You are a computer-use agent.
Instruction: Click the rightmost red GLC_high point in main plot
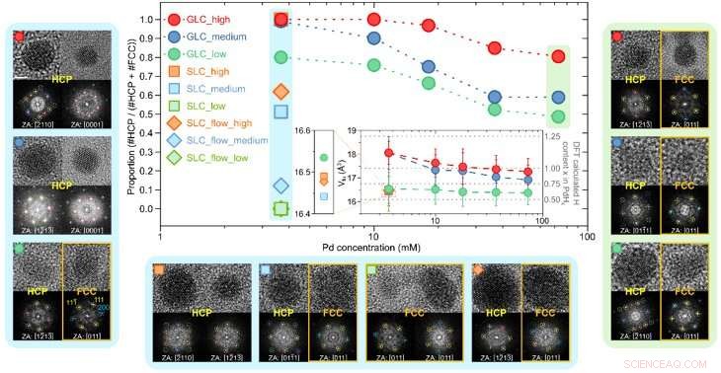coord(560,56)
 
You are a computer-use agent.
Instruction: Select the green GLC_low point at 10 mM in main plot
coord(373,65)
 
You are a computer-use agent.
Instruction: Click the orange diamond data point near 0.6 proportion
coord(281,92)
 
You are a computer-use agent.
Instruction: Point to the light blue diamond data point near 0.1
coord(281,186)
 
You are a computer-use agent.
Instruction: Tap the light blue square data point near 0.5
coord(281,111)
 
